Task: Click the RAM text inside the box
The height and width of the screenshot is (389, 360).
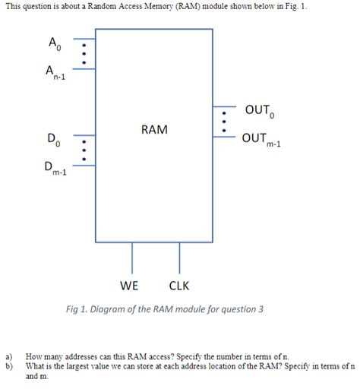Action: pos(153,130)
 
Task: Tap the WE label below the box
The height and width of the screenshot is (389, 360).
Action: pos(130,286)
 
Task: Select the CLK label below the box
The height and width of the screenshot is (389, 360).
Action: pos(179,286)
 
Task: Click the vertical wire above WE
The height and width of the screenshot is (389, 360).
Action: pos(133,258)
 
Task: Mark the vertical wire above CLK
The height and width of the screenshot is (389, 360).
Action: pos(180,258)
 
